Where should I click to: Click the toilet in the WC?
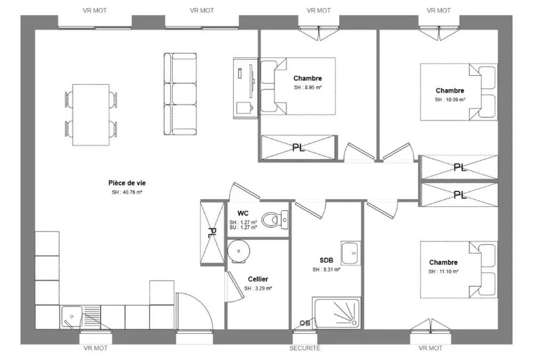click(x=274, y=220)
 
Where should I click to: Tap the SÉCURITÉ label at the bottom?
click(x=305, y=348)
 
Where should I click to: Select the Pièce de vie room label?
click(x=127, y=183)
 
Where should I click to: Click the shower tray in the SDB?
click(x=337, y=314)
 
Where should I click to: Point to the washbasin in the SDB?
click(x=351, y=253)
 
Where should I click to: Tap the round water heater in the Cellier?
click(x=239, y=251)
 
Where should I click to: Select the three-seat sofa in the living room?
click(x=180, y=94)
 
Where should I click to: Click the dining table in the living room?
click(x=91, y=115)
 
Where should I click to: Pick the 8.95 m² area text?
click(x=308, y=87)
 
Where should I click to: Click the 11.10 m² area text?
click(x=443, y=271)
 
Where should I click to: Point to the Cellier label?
click(x=258, y=279)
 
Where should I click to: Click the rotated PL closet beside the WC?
click(x=212, y=234)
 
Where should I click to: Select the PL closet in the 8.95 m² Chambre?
click(x=298, y=147)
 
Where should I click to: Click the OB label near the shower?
click(x=305, y=323)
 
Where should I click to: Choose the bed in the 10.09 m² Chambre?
click(x=459, y=92)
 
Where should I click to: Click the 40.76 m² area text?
click(x=127, y=192)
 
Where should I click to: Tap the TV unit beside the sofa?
click(x=246, y=88)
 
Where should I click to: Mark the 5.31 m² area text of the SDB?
click(x=326, y=269)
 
